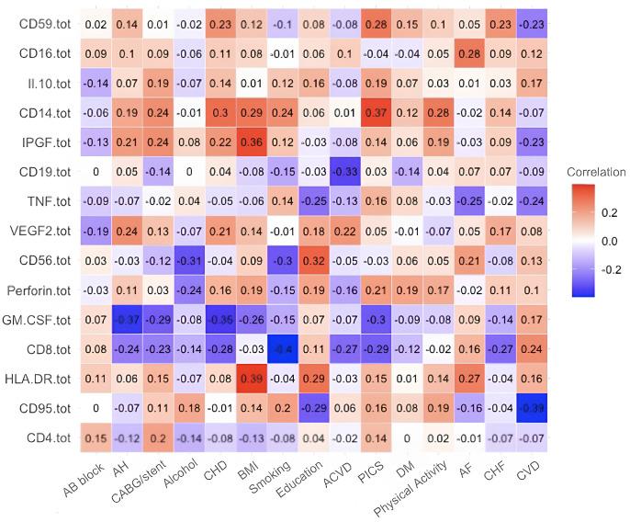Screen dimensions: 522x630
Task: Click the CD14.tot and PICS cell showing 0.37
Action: pos(377,112)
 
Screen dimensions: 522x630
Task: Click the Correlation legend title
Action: pos(596,172)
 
